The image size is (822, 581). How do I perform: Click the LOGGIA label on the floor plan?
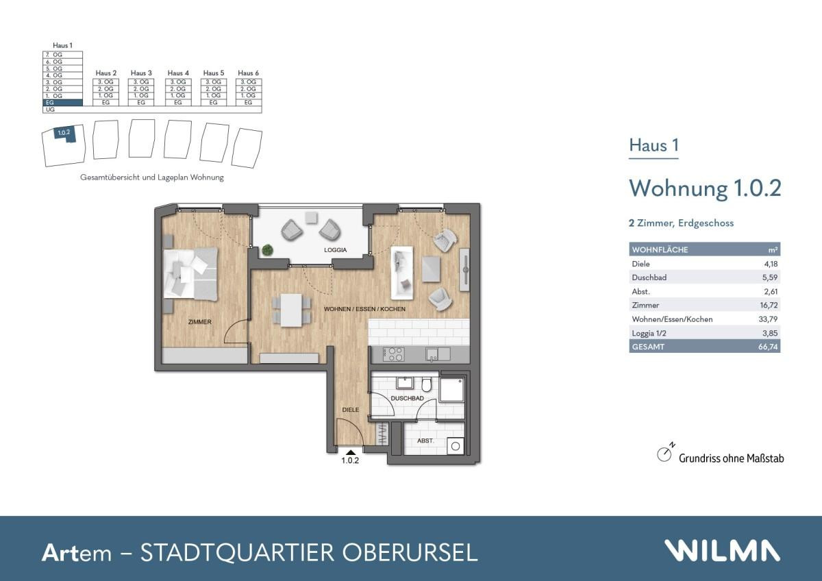point(336,250)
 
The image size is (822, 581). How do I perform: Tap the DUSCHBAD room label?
point(408,397)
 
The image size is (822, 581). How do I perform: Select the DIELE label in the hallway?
point(351,410)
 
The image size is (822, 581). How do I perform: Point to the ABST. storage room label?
point(426,441)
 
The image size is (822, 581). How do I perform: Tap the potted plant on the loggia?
point(267,249)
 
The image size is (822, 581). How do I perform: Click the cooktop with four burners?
point(395,354)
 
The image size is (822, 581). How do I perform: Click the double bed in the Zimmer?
point(191,273)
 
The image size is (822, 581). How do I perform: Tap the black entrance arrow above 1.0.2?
point(351,452)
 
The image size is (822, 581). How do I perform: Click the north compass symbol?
point(664,454)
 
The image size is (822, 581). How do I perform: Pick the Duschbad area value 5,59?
point(771,277)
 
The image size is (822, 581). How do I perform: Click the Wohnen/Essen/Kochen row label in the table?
point(672,319)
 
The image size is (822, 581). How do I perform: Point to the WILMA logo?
point(721,551)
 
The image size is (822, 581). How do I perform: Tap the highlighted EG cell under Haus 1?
point(63,103)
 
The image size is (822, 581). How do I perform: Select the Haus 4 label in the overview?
point(178,73)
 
